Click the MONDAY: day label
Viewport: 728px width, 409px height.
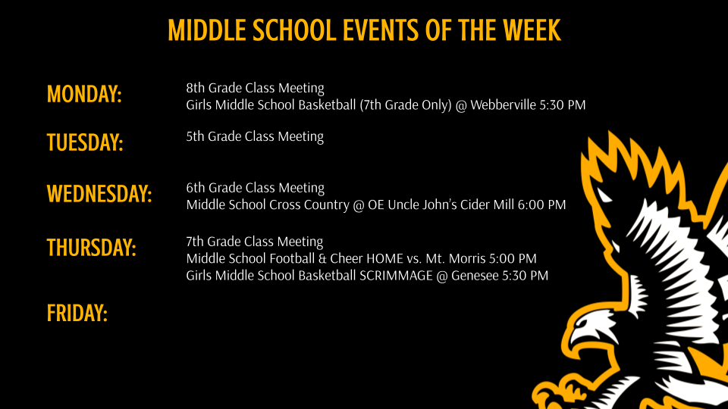click(x=84, y=94)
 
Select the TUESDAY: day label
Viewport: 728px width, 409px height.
click(x=85, y=142)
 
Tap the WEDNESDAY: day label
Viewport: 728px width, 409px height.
click(x=99, y=194)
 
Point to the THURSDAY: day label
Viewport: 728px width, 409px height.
click(x=92, y=248)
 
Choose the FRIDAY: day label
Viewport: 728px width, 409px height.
click(x=77, y=314)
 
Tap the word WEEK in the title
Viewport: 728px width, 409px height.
click(x=532, y=30)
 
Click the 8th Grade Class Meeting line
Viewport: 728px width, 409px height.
click(x=255, y=88)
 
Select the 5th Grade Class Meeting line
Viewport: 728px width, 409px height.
click(x=255, y=136)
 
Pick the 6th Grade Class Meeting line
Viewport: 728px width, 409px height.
click(x=255, y=188)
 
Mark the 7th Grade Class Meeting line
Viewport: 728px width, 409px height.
click(x=255, y=242)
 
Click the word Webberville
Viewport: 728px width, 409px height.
click(x=504, y=105)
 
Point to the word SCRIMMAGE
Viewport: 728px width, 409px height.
click(x=396, y=276)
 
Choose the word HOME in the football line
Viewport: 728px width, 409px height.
click(x=385, y=258)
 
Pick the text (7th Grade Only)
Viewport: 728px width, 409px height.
click(x=405, y=105)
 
